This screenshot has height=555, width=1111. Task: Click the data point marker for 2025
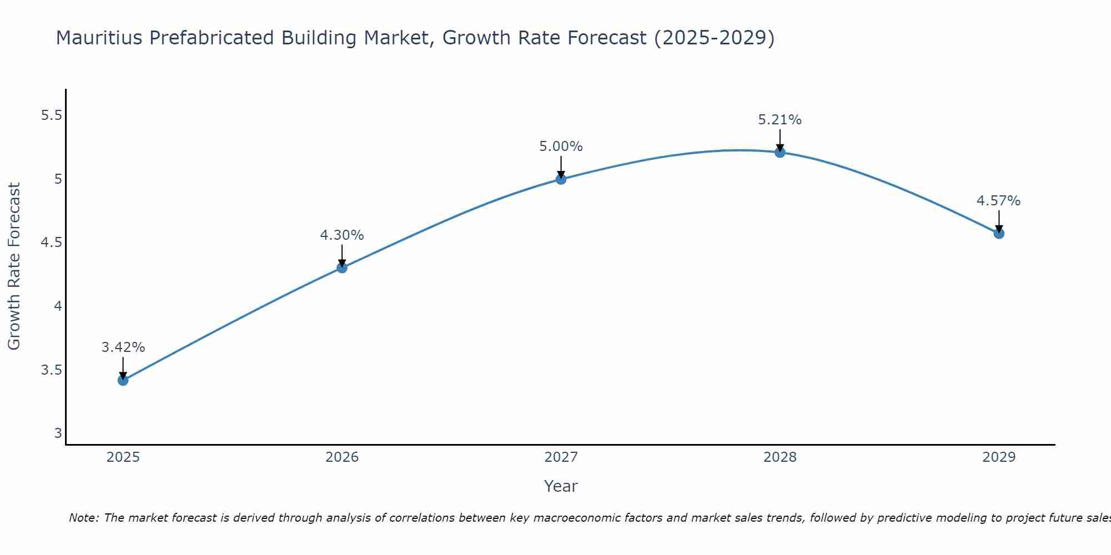click(x=123, y=380)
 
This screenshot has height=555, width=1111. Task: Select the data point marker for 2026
click(x=342, y=268)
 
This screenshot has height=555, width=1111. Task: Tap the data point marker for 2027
click(x=561, y=179)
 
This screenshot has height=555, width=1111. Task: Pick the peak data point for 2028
click(x=780, y=152)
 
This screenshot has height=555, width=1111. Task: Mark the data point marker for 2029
click(x=999, y=234)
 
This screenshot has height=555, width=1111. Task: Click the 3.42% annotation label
click(x=123, y=347)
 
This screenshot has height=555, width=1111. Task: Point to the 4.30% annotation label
click(x=342, y=235)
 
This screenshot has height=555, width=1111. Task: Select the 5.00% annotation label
click(x=561, y=147)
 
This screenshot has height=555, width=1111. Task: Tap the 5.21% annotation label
click(x=780, y=120)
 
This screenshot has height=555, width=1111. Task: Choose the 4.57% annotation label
click(x=999, y=201)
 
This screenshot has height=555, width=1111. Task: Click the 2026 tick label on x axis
click(x=342, y=457)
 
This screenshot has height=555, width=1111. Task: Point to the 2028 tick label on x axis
click(x=780, y=457)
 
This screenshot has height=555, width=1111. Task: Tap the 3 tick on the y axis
click(x=58, y=433)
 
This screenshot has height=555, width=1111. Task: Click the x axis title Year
click(x=561, y=486)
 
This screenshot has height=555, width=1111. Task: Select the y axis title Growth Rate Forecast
click(x=14, y=266)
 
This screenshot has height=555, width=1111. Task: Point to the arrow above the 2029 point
click(x=999, y=221)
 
